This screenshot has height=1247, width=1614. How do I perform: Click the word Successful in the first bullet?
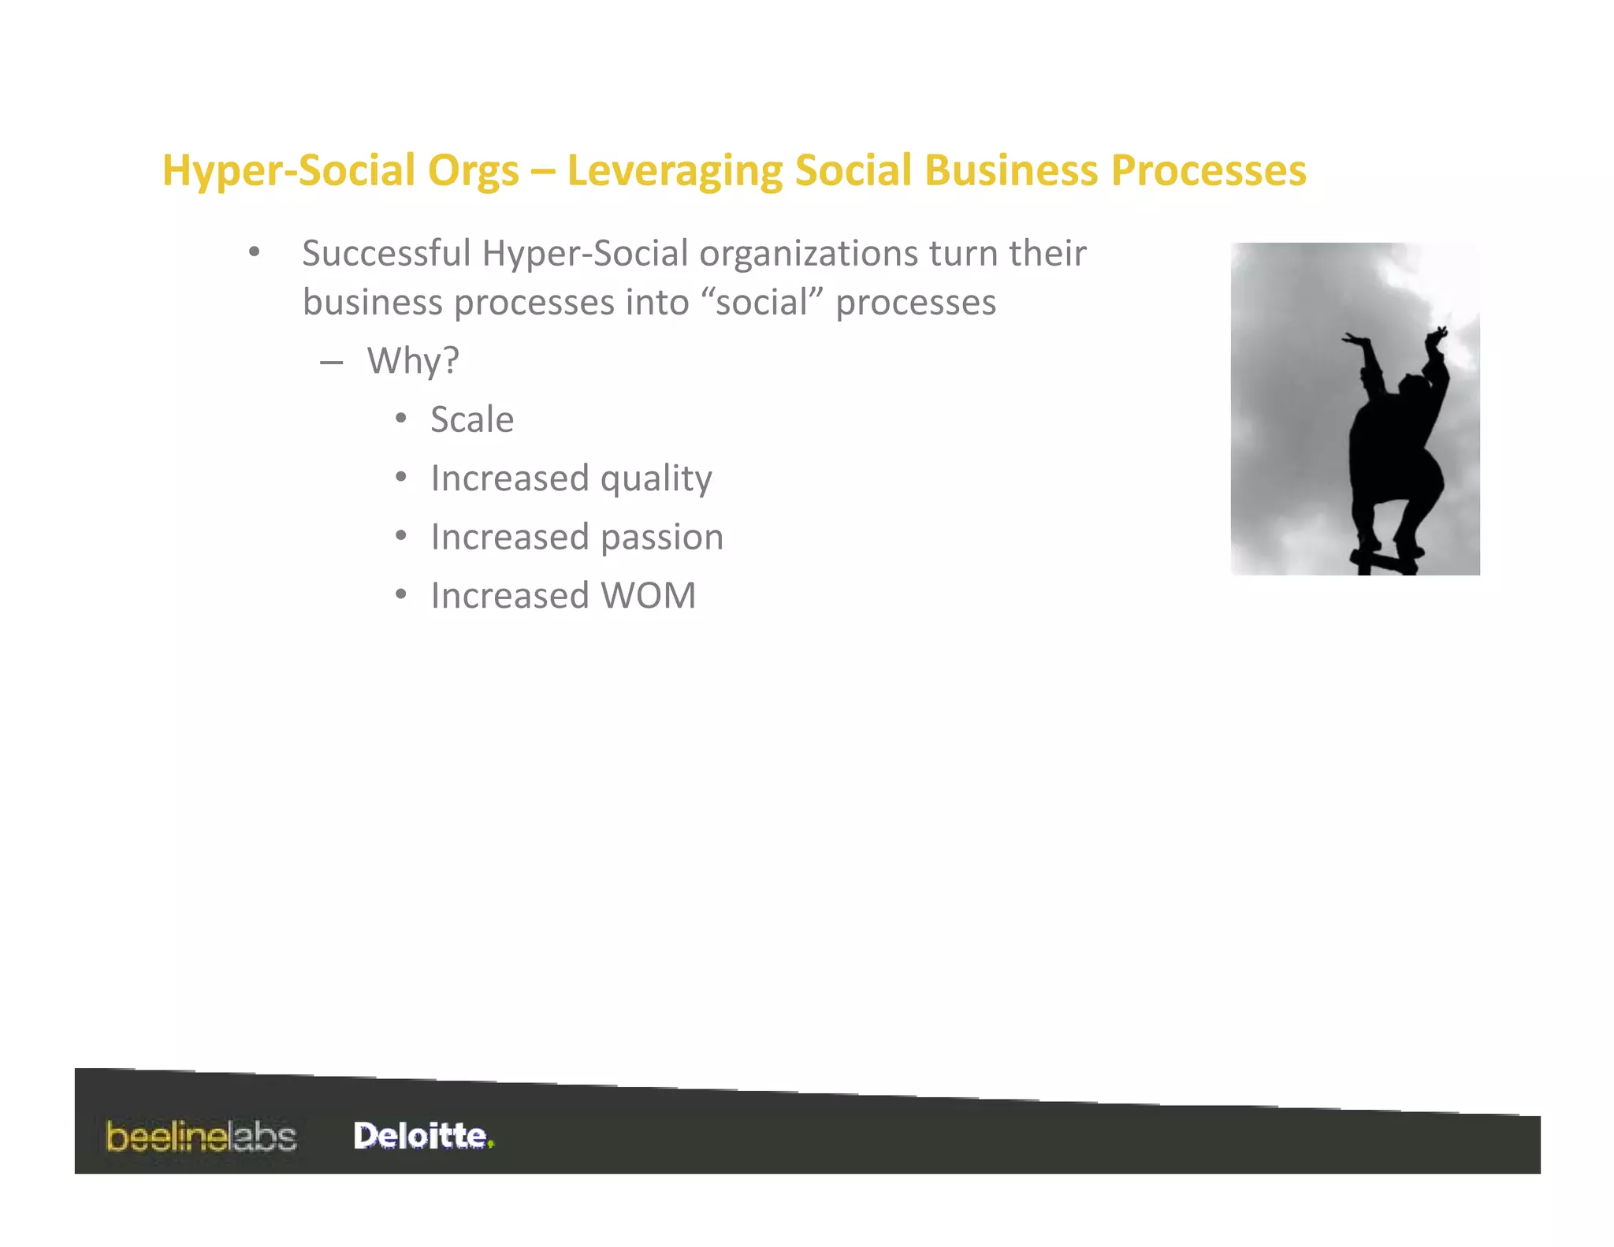385,254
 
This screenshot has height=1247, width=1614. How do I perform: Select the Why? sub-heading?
413,361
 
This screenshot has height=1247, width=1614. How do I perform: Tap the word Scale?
472,419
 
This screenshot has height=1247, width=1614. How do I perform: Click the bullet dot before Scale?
401,419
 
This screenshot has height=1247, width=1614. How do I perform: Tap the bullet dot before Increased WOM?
401,595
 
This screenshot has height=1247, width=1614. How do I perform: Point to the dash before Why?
332,362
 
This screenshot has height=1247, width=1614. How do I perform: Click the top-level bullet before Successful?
254,252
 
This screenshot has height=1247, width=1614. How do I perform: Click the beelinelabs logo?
202,1137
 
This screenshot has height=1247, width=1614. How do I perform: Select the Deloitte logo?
420,1136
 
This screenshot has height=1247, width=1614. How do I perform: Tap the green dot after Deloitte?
490,1145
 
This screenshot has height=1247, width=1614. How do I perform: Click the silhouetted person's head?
1411,387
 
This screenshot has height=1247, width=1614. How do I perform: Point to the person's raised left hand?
1356,341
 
